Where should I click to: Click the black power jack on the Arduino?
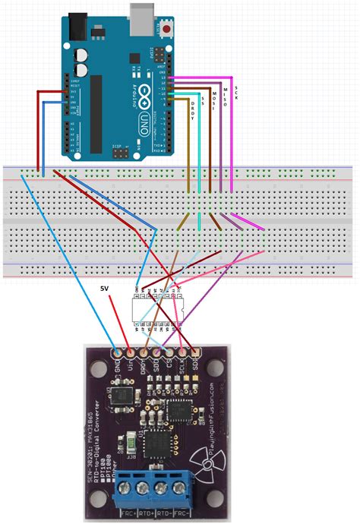[76, 27]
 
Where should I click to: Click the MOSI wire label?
[214, 99]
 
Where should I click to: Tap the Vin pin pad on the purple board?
[130, 353]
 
